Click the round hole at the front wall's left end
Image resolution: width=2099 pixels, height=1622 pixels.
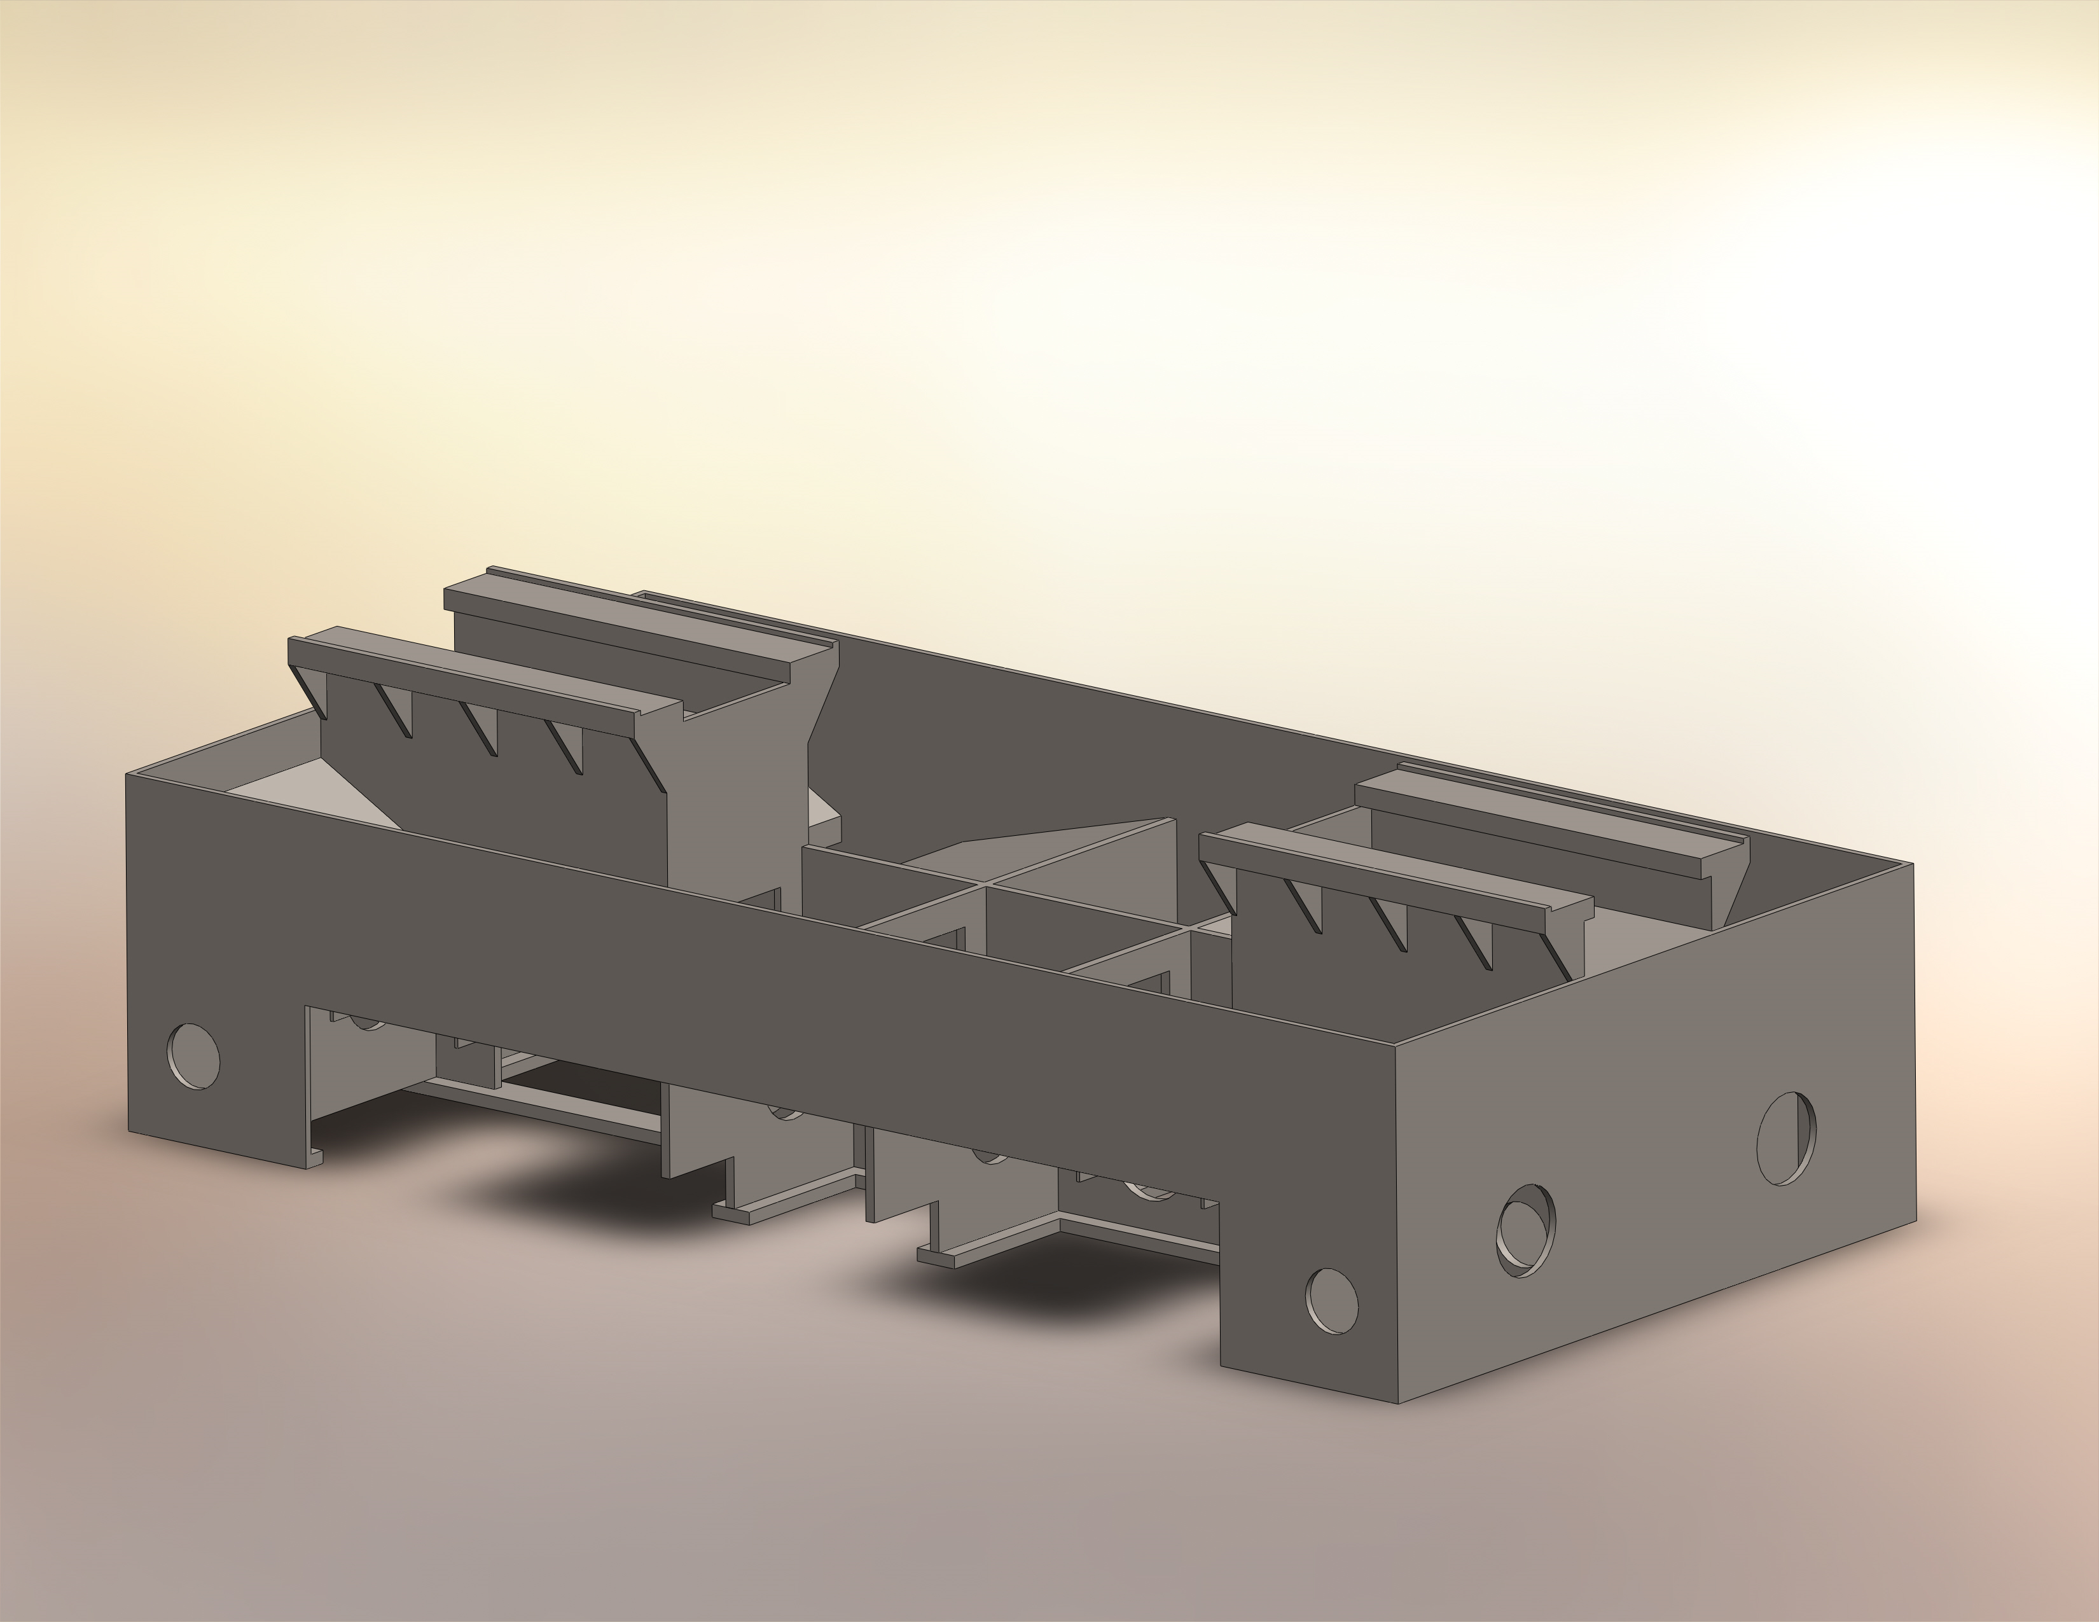coord(193,1057)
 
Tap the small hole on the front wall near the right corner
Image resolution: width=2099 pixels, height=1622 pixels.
coord(1332,1300)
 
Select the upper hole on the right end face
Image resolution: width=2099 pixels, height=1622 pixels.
coord(1787,1138)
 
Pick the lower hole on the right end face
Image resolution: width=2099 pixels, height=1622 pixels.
coord(1526,1230)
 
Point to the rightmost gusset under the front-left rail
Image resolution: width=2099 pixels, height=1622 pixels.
coord(649,764)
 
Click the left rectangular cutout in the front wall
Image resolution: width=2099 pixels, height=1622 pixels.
coord(480,1086)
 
